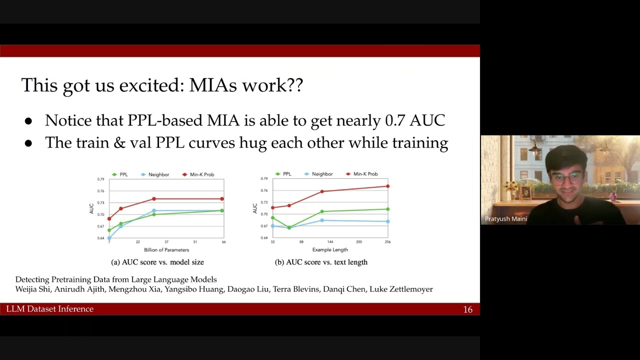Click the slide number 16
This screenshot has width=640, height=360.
(x=467, y=309)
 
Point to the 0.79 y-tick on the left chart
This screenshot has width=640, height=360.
(x=100, y=179)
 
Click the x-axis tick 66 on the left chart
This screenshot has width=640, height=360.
(x=223, y=242)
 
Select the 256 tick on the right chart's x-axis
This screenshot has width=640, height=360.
(x=387, y=242)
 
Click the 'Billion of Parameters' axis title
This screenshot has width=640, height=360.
(x=166, y=249)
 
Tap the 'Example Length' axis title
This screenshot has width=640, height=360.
(x=330, y=249)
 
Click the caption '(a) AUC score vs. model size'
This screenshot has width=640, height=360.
(x=157, y=262)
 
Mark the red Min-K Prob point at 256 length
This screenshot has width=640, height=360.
(x=387, y=186)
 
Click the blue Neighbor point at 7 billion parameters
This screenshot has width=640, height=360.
(x=109, y=238)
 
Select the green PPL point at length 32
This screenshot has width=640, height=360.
(x=272, y=218)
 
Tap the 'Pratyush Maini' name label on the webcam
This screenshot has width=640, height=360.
(x=505, y=219)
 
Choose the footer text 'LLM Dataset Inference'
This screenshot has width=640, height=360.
(x=50, y=309)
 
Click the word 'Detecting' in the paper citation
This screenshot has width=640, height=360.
(x=32, y=279)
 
